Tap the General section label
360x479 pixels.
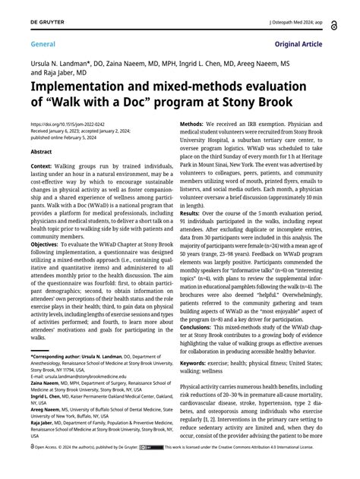28,45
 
